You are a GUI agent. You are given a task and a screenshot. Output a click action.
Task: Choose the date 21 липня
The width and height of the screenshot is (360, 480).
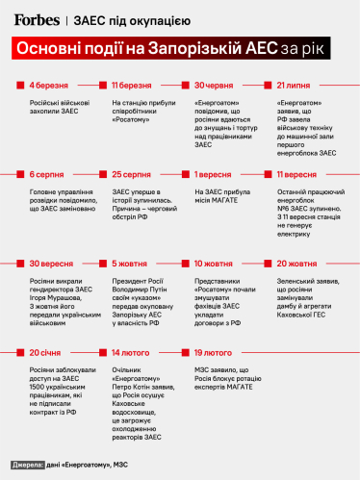point(299,87)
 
